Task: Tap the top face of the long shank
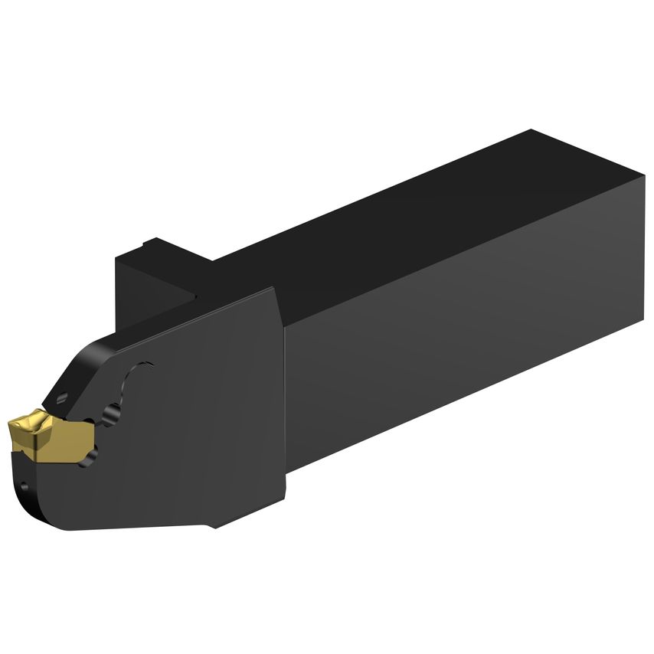398,207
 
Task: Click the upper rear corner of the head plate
272,291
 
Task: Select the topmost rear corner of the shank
531,131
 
